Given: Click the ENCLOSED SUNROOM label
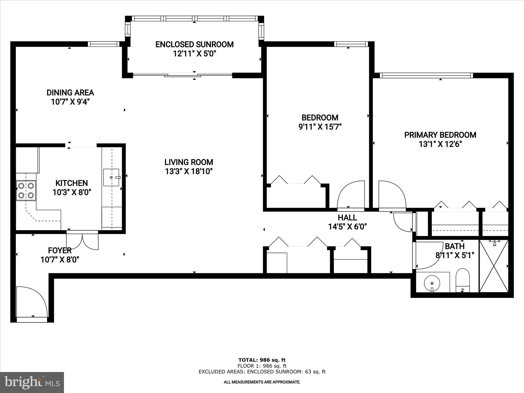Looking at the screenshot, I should point(194,45).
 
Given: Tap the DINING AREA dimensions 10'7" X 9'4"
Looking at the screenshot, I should point(70,102).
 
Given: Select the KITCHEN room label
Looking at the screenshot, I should point(72,183).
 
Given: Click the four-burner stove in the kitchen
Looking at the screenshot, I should point(26,190).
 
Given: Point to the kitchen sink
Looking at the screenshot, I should point(111,177).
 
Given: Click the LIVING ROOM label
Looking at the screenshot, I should point(189,162).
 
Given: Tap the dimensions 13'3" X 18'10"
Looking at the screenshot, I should point(189,171).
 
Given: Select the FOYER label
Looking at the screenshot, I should point(60,250).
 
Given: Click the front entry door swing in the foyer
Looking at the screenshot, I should point(31,302).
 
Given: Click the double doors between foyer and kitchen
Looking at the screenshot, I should point(82,241).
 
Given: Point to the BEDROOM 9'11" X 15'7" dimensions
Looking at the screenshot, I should point(320,127).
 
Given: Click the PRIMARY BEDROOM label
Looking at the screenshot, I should point(440,135).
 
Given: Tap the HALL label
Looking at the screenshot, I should point(347,218).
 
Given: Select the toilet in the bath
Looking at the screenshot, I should point(463,280).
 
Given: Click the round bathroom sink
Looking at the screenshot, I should point(432,283).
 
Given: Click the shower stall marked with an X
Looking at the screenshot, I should point(494,266).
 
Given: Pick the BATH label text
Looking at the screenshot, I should point(455,246).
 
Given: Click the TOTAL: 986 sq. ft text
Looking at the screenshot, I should point(262,360).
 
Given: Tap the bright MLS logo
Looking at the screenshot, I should point(32,382).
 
